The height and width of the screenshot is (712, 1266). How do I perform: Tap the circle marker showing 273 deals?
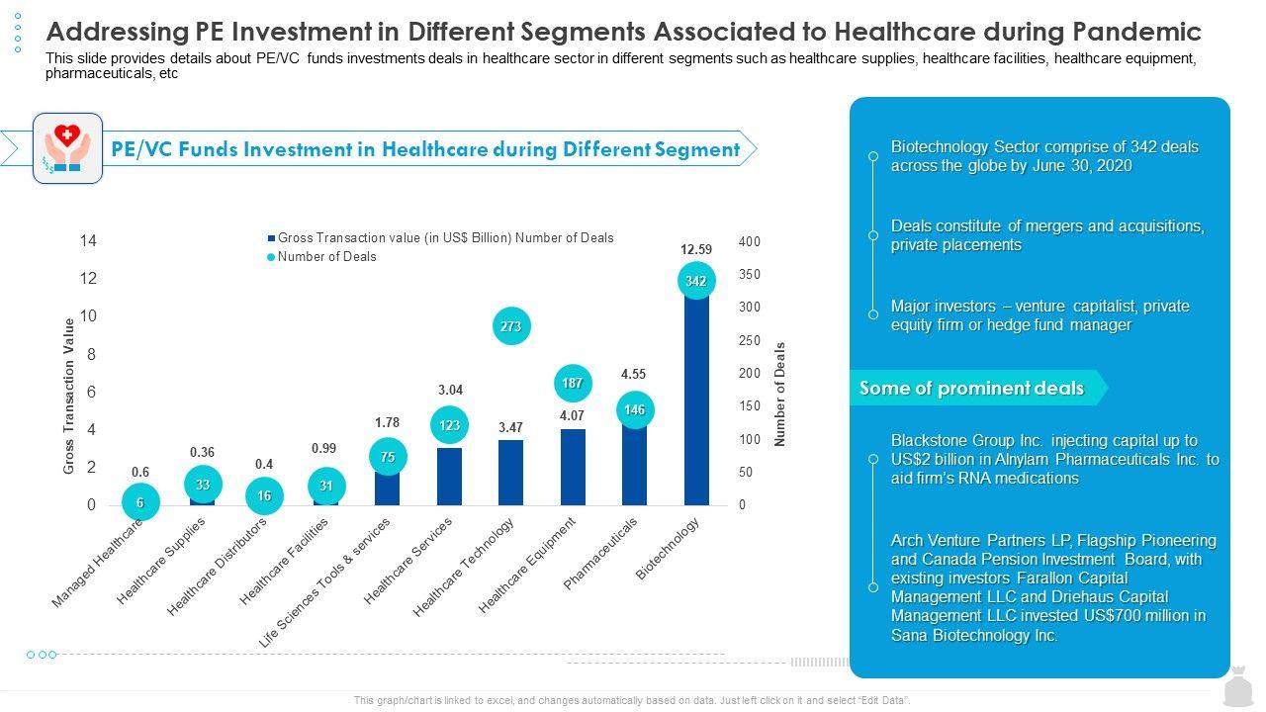tap(510, 325)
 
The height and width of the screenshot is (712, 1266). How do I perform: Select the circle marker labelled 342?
tap(696, 281)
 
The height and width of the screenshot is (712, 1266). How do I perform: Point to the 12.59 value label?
tap(696, 249)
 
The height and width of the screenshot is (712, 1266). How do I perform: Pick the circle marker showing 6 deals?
tap(140, 502)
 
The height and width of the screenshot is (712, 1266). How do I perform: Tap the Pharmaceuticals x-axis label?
tap(600, 554)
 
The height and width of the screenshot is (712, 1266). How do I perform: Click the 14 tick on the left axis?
tap(89, 241)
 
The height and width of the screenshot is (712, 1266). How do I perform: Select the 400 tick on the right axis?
tap(749, 242)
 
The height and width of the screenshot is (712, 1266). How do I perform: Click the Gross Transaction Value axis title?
tap(69, 396)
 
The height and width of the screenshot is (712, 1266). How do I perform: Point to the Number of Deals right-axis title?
tap(779, 395)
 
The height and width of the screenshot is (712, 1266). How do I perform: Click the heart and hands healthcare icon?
tap(67, 148)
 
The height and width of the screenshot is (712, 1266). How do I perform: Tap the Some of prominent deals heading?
tap(971, 389)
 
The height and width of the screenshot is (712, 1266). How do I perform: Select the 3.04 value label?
tap(450, 391)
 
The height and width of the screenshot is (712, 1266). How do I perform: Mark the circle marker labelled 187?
tap(572, 383)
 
